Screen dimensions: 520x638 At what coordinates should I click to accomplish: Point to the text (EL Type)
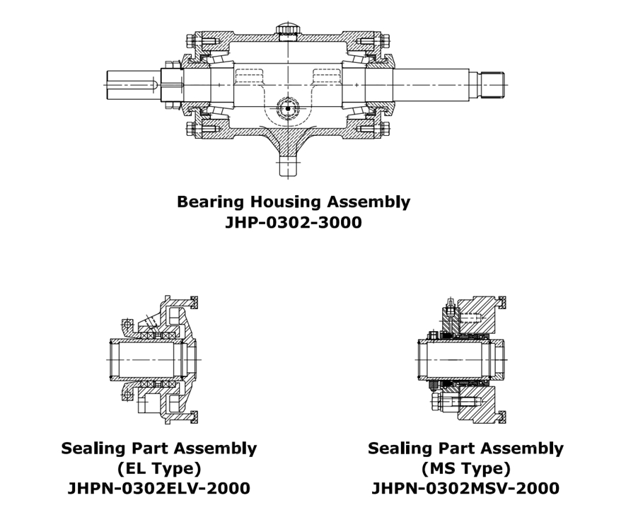[158, 468]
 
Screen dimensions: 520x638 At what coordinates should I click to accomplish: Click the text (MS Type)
[465, 468]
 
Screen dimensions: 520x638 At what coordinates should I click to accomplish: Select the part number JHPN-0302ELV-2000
[158, 488]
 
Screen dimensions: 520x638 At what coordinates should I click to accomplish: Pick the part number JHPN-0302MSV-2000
[465, 488]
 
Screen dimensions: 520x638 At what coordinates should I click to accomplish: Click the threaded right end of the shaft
[493, 84]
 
